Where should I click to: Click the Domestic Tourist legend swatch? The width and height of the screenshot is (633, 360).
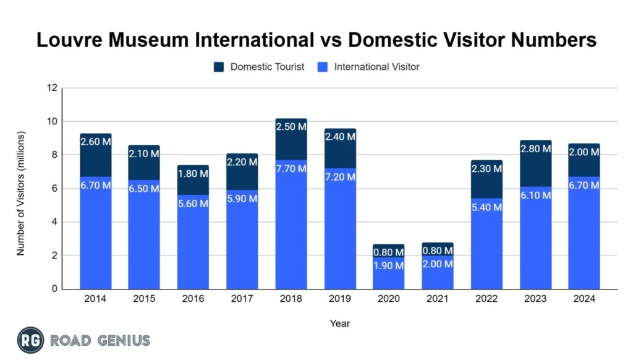219,66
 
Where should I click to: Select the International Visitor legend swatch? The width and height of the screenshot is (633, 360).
324,66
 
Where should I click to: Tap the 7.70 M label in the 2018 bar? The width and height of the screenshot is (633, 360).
291,169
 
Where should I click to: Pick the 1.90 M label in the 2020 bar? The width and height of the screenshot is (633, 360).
388,267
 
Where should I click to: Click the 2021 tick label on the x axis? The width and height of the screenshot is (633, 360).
437,299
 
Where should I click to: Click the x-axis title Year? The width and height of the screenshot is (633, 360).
339,323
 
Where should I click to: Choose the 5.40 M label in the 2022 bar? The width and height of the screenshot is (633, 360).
486,207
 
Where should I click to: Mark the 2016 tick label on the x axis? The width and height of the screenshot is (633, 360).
193,299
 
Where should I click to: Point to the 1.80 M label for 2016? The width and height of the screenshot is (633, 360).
193,173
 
